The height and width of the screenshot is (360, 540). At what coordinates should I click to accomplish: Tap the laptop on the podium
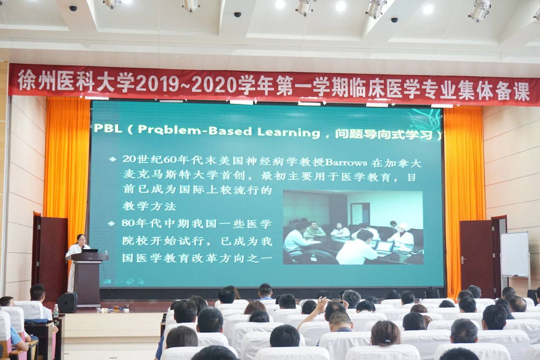click(90, 251)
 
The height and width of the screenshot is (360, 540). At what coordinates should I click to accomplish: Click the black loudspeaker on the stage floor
click(67, 303)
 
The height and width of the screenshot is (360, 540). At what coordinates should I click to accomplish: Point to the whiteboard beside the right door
click(514, 254)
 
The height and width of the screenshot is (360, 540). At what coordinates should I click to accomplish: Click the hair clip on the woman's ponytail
click(387, 341)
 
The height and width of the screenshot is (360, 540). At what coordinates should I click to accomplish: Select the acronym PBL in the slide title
click(108, 129)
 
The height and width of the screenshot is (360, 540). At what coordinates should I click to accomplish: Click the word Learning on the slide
click(289, 133)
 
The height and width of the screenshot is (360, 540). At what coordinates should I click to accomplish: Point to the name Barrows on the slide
click(346, 162)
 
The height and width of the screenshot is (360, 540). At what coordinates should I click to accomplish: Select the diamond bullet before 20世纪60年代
click(113, 160)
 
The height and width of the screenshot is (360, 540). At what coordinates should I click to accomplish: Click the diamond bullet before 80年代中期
click(111, 224)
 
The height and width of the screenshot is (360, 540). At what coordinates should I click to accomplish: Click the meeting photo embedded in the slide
click(353, 227)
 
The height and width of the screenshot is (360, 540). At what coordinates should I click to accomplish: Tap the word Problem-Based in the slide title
click(194, 130)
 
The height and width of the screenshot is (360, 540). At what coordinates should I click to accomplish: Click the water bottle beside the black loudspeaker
click(56, 311)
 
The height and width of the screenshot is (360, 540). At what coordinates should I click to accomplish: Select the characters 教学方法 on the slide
click(149, 206)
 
